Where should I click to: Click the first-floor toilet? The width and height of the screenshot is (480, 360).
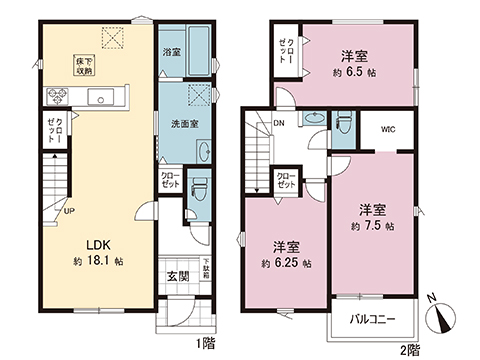coord(198,187)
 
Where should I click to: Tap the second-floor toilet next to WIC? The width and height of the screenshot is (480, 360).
coord(345,121)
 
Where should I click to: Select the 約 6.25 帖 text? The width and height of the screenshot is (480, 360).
coord(285,263)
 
